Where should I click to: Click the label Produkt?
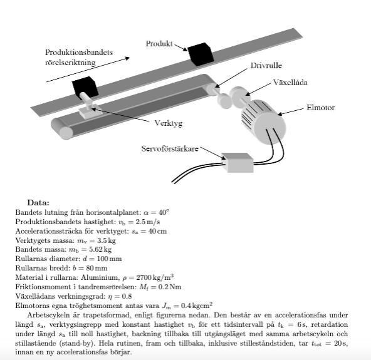click(159, 44)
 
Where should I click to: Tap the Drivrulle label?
click(266, 66)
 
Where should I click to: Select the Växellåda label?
click(290, 82)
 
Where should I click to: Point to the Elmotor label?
click(321, 108)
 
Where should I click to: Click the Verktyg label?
click(169, 123)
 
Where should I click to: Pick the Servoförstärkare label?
click(170, 148)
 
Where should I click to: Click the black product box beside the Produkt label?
click(201, 54)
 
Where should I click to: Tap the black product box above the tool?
click(85, 87)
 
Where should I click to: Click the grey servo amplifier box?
click(238, 162)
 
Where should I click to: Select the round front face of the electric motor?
click(271, 128)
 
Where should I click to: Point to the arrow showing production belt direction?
click(88, 69)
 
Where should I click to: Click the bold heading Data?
click(38, 203)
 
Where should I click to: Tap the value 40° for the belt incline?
click(164, 212)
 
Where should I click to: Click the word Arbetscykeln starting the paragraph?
click(48, 315)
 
